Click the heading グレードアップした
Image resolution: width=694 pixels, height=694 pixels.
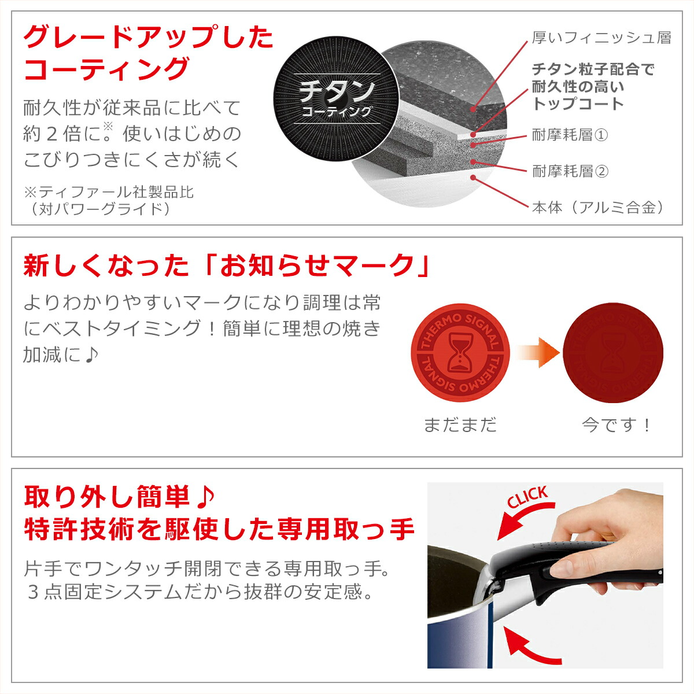click(148, 38)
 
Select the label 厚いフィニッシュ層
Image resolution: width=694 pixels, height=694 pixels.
click(601, 38)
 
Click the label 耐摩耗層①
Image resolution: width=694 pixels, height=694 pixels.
click(570, 135)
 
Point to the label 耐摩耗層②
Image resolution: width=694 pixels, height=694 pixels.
click(570, 171)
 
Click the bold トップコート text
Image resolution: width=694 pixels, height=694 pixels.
click(578, 104)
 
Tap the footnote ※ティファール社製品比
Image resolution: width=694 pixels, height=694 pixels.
click(109, 191)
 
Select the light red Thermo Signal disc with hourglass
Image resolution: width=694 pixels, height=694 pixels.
click(460, 352)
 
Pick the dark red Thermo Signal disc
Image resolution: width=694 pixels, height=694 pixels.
click(613, 352)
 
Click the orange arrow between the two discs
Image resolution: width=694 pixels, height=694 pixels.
click(538, 352)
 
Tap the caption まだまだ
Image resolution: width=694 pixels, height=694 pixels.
click(460, 425)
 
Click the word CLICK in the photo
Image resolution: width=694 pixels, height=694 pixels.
click(527, 497)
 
